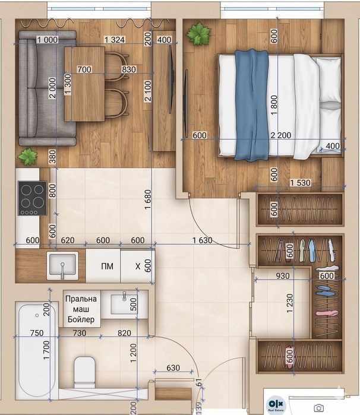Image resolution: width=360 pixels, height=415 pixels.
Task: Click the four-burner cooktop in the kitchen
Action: (x=32, y=198)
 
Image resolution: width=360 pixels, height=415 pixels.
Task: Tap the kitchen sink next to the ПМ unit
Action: (x=62, y=266)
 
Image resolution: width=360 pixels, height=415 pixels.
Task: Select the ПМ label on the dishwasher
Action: (x=107, y=266)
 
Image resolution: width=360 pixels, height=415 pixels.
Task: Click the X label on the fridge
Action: (x=138, y=266)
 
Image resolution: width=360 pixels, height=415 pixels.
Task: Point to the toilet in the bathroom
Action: (x=84, y=372)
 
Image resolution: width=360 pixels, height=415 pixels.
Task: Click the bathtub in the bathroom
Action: (x=36, y=350)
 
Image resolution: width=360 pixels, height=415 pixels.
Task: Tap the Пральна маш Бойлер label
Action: (x=81, y=309)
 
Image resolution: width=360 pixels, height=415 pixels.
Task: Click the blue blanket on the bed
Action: (x=252, y=105)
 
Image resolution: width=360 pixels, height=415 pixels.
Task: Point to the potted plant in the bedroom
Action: (x=198, y=34)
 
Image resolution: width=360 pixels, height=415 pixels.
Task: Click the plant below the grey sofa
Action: (x=27, y=157)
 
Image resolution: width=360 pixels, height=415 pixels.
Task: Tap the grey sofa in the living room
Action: (x=47, y=88)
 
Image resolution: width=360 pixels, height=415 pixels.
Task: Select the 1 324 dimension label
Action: (x=115, y=40)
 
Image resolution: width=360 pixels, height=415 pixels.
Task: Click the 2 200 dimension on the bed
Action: (x=281, y=135)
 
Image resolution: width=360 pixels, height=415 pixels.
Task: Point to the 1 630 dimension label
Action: (x=203, y=240)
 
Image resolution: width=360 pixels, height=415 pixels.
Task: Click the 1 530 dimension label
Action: (x=300, y=183)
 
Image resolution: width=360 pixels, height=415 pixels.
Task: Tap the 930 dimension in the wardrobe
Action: (x=283, y=276)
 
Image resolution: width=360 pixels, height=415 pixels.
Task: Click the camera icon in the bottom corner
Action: (x=318, y=408)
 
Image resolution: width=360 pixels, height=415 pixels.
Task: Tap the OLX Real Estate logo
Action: (x=276, y=406)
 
